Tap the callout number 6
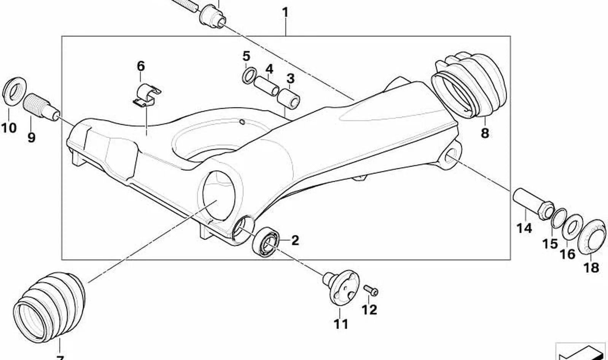[141, 66]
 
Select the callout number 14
[524, 228]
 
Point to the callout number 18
[591, 268]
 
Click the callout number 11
[341, 324]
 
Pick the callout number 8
[485, 133]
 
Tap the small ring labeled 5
[249, 75]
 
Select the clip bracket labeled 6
[147, 96]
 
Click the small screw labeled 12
[371, 290]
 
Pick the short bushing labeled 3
[289, 99]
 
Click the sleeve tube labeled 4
[267, 86]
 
